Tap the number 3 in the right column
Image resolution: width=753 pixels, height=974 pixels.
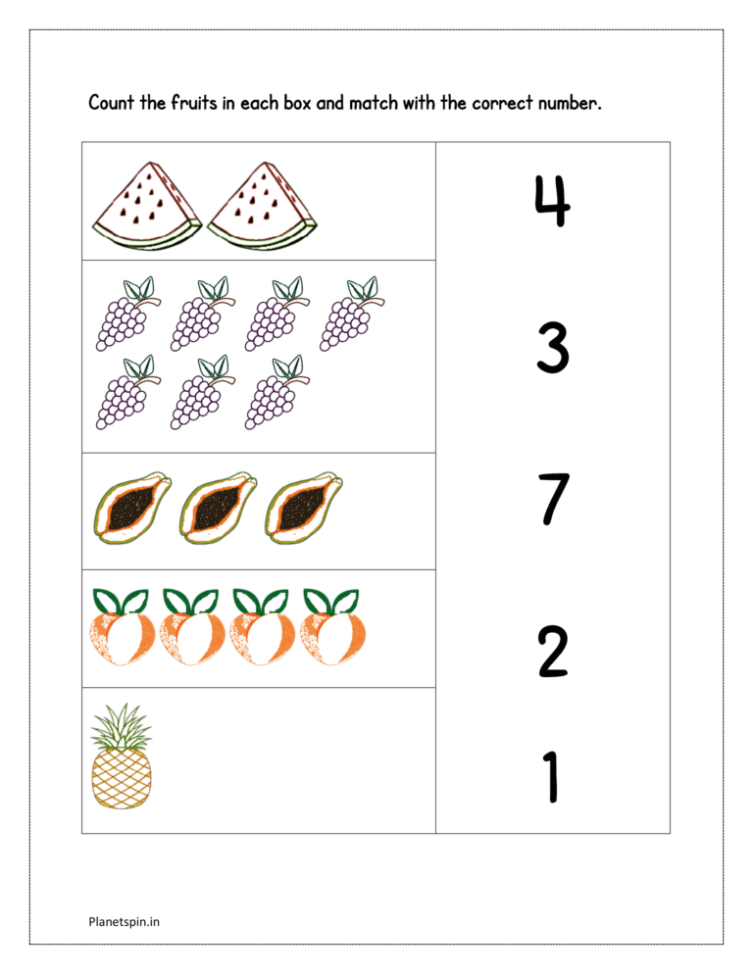point(552,350)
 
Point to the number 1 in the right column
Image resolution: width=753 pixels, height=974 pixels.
point(551,776)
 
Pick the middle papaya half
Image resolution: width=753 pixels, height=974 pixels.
point(218,509)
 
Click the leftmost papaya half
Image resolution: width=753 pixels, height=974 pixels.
point(132,509)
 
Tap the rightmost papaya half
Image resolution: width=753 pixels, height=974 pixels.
point(303,509)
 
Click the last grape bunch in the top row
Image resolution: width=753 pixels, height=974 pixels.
point(349,313)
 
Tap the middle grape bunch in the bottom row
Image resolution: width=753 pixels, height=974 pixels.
point(200,392)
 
